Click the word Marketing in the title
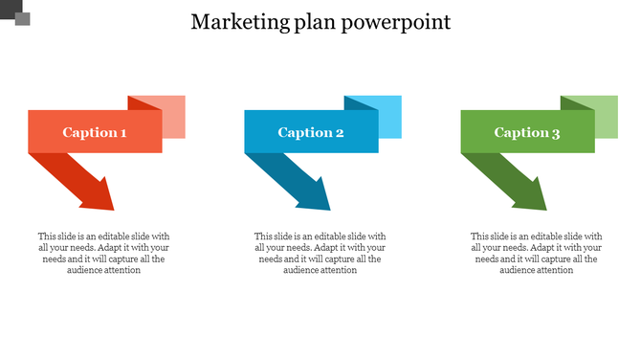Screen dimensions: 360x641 coord(233,22)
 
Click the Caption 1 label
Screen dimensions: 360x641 coord(95,132)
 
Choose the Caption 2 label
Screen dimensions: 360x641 coord(311,132)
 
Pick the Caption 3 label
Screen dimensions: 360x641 coord(527,132)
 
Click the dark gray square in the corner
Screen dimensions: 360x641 coord(22,18)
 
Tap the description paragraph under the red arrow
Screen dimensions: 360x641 coord(103,253)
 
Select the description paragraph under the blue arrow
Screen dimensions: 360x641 coord(320,253)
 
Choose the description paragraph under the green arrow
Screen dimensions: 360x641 coord(537,253)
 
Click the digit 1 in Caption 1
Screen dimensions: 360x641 coord(122,132)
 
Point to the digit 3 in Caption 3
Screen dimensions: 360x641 coord(556,133)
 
